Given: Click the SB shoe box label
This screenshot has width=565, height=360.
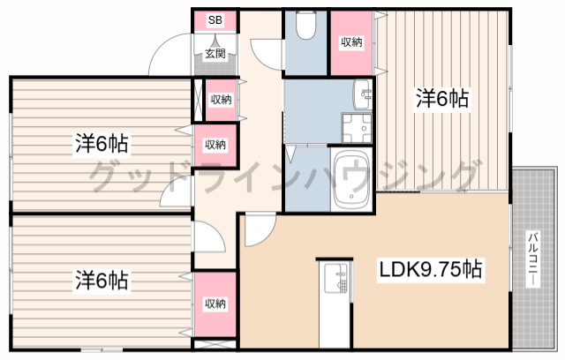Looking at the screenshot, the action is pyautogui.click(x=215, y=20).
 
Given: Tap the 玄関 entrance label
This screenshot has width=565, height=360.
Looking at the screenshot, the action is pyautogui.click(x=215, y=54).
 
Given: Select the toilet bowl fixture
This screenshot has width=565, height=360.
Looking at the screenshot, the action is pyautogui.click(x=305, y=25).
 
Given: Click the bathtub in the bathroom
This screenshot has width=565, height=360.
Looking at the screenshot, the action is pyautogui.click(x=352, y=180).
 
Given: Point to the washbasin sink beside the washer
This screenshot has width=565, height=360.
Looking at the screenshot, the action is pyautogui.click(x=363, y=94).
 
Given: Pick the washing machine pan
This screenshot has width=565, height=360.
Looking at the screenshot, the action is pyautogui.click(x=357, y=129).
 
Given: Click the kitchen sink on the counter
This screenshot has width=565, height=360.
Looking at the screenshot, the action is pyautogui.click(x=335, y=278).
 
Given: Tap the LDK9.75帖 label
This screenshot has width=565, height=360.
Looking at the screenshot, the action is pyautogui.click(x=431, y=269).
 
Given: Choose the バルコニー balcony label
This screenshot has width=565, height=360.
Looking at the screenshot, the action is pyautogui.click(x=533, y=259).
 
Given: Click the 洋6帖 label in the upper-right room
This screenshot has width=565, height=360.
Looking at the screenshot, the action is pyautogui.click(x=442, y=98).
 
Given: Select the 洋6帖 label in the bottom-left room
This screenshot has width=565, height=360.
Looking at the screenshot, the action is pyautogui.click(x=102, y=281).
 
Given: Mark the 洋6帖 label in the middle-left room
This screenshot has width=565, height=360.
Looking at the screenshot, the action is pyautogui.click(x=102, y=143).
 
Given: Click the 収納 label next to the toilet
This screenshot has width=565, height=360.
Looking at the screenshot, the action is pyautogui.click(x=351, y=42).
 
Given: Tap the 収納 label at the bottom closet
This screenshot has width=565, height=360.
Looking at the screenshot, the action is pyautogui.click(x=215, y=304).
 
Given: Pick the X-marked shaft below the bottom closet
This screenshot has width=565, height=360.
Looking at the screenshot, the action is pyautogui.click(x=215, y=344).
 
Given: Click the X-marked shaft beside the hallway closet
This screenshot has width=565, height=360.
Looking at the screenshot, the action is pyautogui.click(x=198, y=100).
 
